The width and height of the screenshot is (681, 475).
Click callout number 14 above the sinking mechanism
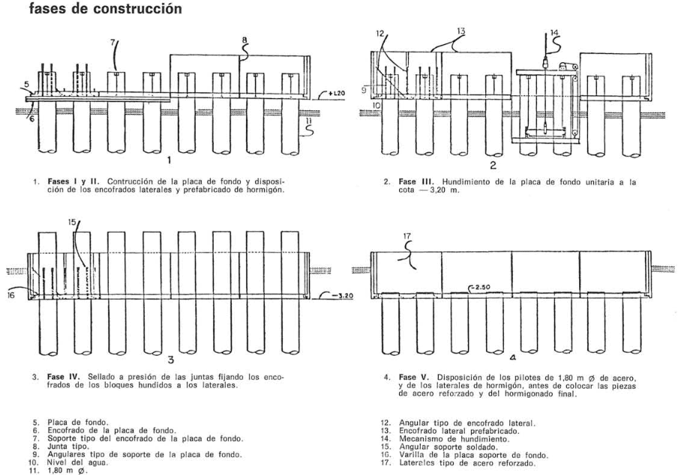(553, 32)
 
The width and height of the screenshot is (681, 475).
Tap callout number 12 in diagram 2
(380, 33)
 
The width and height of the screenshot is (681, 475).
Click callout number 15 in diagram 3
(70, 223)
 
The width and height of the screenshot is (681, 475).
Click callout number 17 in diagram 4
(407, 238)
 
